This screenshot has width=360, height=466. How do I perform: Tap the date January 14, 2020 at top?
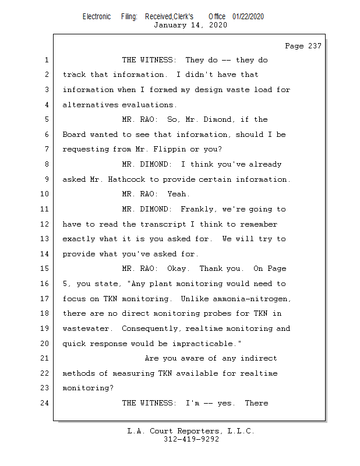point(190,25)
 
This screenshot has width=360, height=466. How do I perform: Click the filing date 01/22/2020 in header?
point(248,16)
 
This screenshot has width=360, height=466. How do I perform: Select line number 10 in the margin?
point(45,194)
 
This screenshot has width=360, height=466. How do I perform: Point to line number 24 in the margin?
point(45,403)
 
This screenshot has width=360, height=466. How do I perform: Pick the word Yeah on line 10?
point(179,194)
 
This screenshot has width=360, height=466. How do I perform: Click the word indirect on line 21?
point(259,358)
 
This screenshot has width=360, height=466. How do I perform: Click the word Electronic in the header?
point(97,16)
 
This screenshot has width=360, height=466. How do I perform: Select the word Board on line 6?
point(74,135)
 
